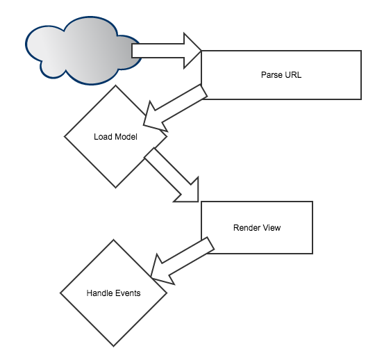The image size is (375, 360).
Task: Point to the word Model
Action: (x=126, y=136)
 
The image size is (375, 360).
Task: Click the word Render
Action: (x=246, y=227)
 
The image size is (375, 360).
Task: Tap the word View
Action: (x=272, y=227)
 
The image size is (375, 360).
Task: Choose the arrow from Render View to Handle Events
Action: (x=181, y=261)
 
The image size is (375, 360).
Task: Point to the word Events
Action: (x=128, y=293)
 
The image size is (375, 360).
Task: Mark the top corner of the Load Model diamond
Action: (x=115, y=85)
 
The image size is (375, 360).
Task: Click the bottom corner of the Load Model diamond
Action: (x=115, y=188)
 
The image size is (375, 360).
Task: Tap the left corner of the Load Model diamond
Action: (x=65, y=136)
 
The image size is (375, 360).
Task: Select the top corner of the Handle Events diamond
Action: (x=113, y=240)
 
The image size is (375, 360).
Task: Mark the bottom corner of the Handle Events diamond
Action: (x=113, y=346)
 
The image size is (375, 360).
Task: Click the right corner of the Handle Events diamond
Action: (x=167, y=293)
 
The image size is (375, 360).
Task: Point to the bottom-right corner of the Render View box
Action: (x=312, y=253)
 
